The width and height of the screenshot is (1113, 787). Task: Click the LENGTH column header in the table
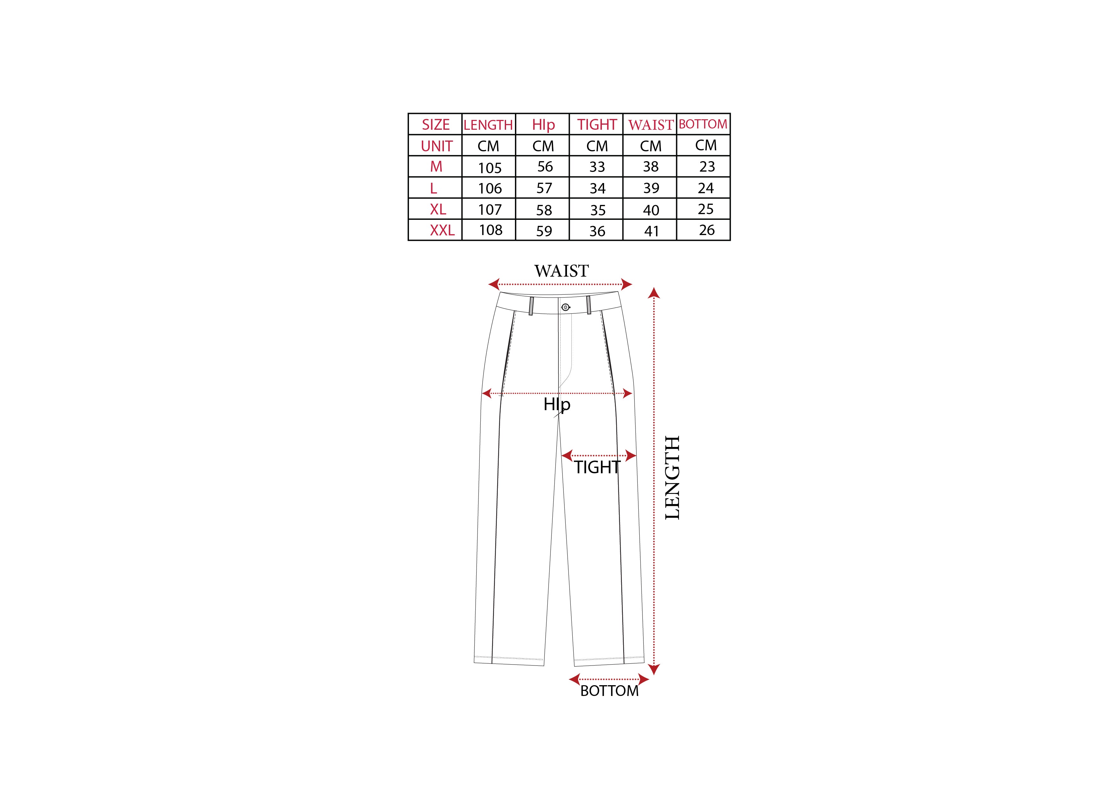pyautogui.click(x=488, y=125)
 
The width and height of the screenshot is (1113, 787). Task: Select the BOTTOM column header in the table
pyautogui.click(x=703, y=124)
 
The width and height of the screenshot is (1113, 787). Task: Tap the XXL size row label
pyautogui.click(x=442, y=230)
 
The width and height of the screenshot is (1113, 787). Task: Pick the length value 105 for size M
pyautogui.click(x=490, y=168)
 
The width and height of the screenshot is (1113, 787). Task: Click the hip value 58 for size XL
pyautogui.click(x=544, y=210)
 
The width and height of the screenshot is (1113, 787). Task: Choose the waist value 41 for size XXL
pyautogui.click(x=651, y=231)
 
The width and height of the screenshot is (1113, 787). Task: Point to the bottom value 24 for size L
pyautogui.click(x=706, y=188)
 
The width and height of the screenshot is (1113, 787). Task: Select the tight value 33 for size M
pyautogui.click(x=597, y=167)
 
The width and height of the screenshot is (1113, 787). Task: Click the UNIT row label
pyautogui.click(x=436, y=146)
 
